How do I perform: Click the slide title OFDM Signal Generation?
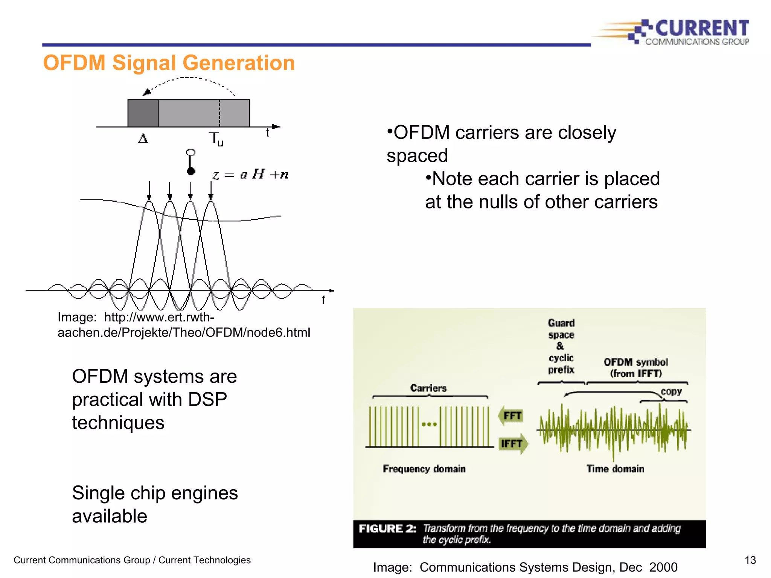(x=169, y=63)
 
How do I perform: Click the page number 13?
(x=750, y=560)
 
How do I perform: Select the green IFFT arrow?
(x=513, y=444)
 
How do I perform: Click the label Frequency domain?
(x=424, y=469)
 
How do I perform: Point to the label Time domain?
(x=615, y=469)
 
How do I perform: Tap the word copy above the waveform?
(x=671, y=391)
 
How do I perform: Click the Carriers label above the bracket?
(x=428, y=388)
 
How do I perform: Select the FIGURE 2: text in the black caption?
(x=387, y=529)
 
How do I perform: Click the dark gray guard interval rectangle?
(x=143, y=113)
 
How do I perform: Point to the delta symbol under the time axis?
(x=143, y=139)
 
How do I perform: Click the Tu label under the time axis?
(x=216, y=139)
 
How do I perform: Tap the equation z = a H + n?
(x=251, y=175)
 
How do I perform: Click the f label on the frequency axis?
(x=323, y=300)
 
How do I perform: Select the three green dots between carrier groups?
(x=429, y=424)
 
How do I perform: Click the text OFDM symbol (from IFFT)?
(x=636, y=368)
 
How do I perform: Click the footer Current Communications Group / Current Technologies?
(x=132, y=560)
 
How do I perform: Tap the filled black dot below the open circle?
(x=191, y=172)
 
